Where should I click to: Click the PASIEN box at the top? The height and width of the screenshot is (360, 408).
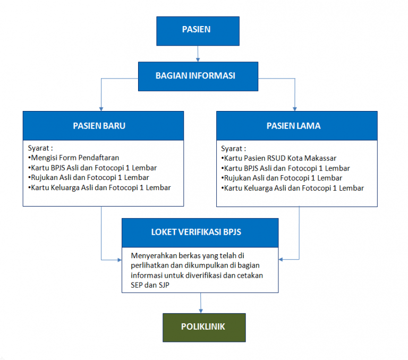196,30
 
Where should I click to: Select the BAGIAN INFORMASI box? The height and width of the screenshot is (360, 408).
195,75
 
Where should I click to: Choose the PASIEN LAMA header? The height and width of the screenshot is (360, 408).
297,126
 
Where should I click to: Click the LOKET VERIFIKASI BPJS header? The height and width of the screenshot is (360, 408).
200,232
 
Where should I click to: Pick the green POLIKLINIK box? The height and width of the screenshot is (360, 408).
203,327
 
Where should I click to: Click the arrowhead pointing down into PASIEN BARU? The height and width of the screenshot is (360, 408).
101,108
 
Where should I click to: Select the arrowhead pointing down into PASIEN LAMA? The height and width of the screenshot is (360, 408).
295,108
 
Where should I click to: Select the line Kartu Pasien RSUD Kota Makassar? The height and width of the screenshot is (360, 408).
278,158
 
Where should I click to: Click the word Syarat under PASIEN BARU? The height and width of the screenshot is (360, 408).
40,148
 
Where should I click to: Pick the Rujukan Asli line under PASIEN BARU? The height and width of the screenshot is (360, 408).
88,177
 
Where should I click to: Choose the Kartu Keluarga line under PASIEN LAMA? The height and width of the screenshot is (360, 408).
292,188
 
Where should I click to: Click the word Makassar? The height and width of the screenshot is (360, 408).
321,158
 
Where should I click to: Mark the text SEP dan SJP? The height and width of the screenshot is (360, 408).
150,285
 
